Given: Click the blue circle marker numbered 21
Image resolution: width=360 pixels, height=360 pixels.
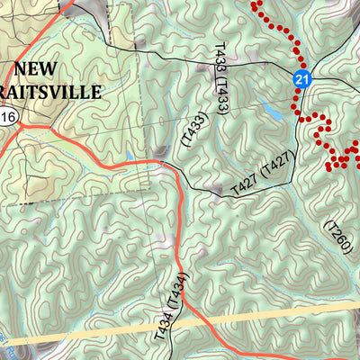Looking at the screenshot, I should (302, 81).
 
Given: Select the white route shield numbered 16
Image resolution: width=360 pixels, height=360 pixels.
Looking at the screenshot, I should (8, 118).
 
